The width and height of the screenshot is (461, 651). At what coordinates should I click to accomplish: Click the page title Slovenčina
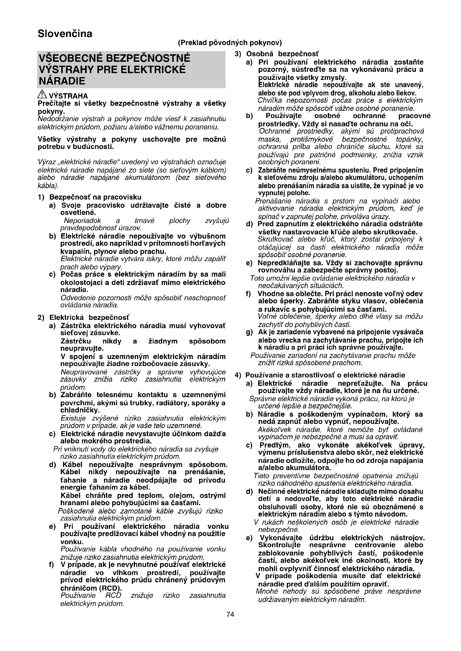[x=65, y=34]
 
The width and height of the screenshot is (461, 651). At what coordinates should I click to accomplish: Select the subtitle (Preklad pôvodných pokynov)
[x=230, y=43]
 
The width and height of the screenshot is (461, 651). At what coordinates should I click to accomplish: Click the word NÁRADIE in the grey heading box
[x=62, y=81]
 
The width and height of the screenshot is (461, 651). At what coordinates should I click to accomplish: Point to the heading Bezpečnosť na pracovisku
[x=95, y=197]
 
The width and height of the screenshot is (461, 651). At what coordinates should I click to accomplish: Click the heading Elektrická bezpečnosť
[x=89, y=317]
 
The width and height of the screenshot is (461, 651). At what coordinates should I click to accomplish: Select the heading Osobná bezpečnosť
[x=282, y=54]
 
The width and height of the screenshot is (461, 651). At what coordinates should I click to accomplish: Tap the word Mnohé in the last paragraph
[x=267, y=591]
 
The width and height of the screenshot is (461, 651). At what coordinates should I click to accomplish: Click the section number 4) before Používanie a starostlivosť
[x=238, y=375]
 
